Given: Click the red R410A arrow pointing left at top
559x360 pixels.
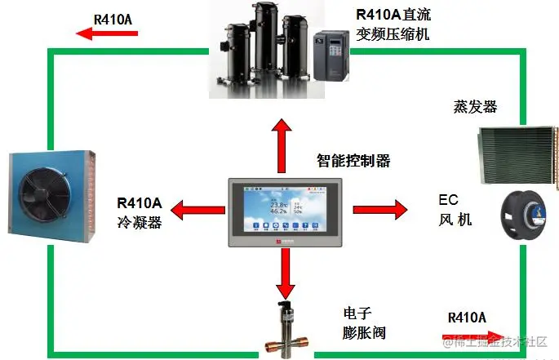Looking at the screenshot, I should (x=106, y=33).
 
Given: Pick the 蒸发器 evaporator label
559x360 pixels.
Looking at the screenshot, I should (x=474, y=108).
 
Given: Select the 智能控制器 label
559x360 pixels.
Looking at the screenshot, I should (x=353, y=161).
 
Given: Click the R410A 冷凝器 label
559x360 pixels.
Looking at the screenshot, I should (x=140, y=211).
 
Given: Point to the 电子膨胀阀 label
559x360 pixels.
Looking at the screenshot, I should (x=364, y=322).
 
